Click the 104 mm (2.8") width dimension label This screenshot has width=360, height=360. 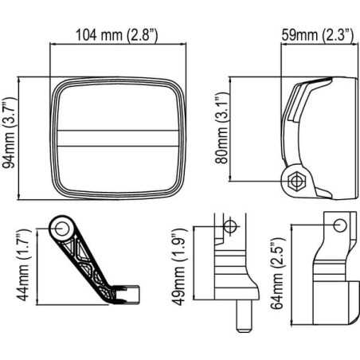point(117,35)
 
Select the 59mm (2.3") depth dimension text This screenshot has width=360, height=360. point(318,35)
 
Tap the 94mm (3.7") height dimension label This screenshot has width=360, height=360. point(10,133)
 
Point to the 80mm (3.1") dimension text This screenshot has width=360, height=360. point(222,128)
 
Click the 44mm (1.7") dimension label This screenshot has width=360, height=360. point(24,264)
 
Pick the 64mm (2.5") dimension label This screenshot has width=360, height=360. point(278,274)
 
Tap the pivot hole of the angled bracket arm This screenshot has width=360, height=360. point(62,229)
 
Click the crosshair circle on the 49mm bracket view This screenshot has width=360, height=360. point(230,226)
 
